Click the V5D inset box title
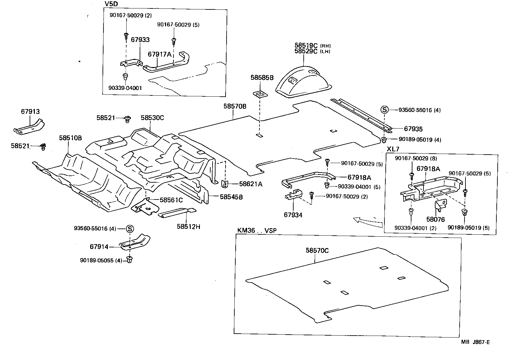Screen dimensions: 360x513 coord(111,4)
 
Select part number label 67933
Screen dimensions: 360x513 coord(140,40)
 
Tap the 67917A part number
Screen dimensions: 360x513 coord(159,54)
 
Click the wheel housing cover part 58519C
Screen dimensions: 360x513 coord(303,81)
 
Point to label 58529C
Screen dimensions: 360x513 coord(306,51)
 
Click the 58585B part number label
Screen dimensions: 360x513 coord(262,77)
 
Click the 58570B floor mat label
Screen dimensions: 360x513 coord(235,106)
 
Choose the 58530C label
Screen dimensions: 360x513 coord(152,118)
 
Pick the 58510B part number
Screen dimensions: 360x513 coord(70,138)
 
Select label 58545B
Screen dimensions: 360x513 coord(231,197)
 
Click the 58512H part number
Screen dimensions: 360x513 coord(188,226)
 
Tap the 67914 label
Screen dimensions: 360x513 coord(99,247)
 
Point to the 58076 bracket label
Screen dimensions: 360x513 coord(435,220)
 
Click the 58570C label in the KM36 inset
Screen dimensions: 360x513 coord(317,250)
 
